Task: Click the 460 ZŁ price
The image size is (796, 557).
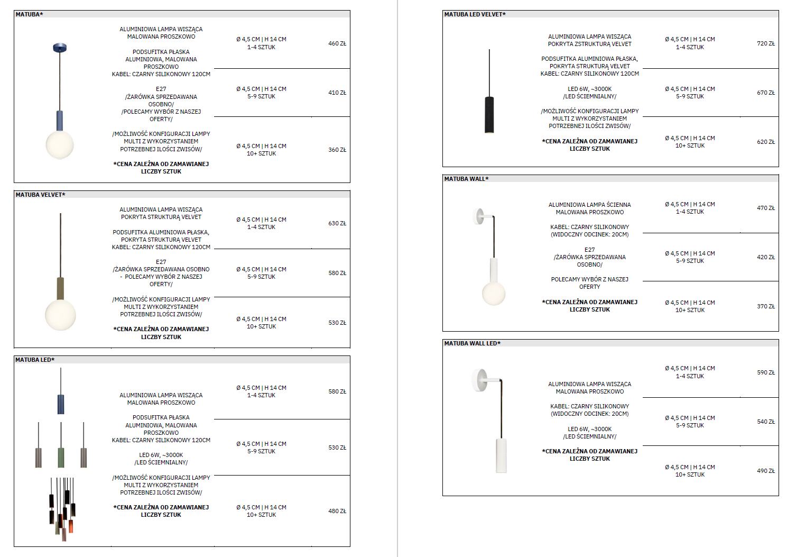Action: click(x=337, y=43)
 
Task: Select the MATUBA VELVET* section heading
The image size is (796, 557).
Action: click(x=40, y=195)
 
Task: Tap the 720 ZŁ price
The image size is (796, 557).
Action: click(x=765, y=43)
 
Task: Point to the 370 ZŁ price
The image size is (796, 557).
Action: click(x=765, y=306)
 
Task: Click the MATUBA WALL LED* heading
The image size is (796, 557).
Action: click(x=472, y=343)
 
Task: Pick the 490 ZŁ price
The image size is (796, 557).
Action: click(x=765, y=471)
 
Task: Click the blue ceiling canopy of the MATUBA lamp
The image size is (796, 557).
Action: click(x=60, y=48)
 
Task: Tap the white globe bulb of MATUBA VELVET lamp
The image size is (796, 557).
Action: click(x=60, y=315)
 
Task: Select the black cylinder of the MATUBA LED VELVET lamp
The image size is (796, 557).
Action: click(x=489, y=115)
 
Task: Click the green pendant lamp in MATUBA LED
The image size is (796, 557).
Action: click(x=61, y=457)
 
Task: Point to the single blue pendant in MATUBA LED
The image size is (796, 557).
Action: click(x=61, y=404)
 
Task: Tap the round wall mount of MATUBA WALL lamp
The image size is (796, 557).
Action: click(x=478, y=216)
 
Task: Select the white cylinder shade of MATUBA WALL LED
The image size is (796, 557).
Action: click(x=501, y=455)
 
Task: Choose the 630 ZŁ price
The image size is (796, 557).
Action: click(x=337, y=223)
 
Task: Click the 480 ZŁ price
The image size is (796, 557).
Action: click(x=337, y=511)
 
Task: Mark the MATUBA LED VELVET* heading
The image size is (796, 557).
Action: click(x=475, y=14)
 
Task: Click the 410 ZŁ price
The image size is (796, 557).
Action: click(x=337, y=93)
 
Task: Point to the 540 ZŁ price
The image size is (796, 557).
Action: click(x=765, y=422)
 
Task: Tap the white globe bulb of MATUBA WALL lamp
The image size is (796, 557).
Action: click(x=494, y=294)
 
